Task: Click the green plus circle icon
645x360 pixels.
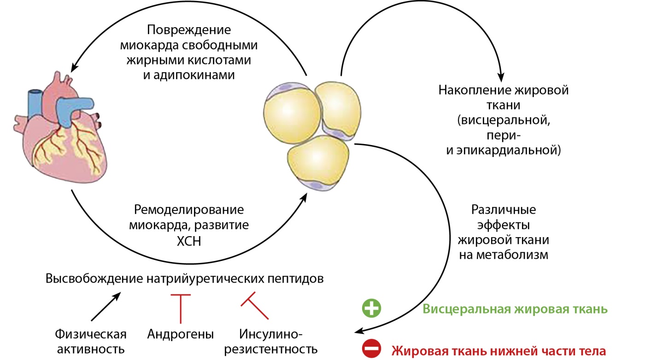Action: coord(371,308)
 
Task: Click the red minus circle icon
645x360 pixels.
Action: coord(371,349)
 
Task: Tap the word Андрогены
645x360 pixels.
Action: coord(181,334)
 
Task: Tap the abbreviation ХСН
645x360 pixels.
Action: coord(188,240)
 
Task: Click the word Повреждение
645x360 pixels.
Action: coord(189,30)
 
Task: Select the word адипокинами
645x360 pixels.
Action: coord(189,75)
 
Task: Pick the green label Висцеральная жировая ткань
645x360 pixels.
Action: coord(515,309)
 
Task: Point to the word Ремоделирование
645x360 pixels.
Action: coord(189,210)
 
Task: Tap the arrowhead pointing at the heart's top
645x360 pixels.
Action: coord(73,66)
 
